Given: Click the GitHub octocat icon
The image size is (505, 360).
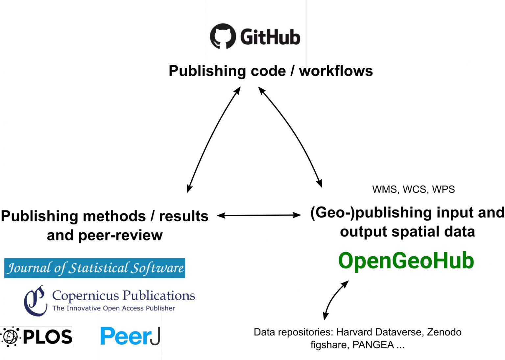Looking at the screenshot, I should (x=223, y=36).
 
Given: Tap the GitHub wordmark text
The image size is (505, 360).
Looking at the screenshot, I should (x=270, y=37).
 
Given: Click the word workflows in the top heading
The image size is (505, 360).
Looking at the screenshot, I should (x=336, y=71).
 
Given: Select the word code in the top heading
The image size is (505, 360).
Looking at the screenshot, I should (x=268, y=71).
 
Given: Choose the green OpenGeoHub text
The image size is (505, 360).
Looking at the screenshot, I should (x=406, y=261).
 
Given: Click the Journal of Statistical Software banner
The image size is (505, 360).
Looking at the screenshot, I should (x=95, y=268).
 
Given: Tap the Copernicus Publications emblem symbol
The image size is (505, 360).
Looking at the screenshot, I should (x=35, y=301).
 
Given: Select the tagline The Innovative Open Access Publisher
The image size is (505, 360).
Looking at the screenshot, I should (x=114, y=308).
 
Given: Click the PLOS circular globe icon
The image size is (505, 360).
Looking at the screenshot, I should (x=10, y=337).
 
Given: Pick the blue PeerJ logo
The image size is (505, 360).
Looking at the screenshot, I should (x=130, y=336).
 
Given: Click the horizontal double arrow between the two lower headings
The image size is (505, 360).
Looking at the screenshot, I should (x=259, y=215).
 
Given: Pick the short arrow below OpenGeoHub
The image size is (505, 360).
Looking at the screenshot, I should (x=335, y=300).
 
